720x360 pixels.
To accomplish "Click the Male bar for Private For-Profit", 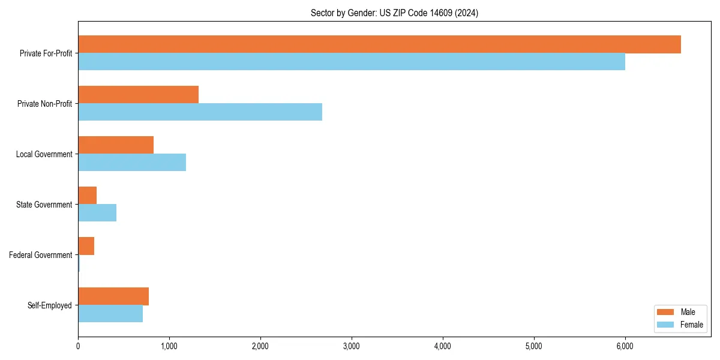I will point(379,44).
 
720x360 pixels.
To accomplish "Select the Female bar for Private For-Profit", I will point(352,62).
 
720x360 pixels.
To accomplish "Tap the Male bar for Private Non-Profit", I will point(138,95).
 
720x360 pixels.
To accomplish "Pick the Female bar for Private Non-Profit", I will point(200,112).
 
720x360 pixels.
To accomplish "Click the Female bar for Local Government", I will point(132,163).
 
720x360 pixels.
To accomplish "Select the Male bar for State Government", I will point(88,196).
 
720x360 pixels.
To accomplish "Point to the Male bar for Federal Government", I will point(86,246).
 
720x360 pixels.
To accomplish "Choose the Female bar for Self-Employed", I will point(110,314).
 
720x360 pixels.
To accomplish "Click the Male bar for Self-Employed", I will point(113,296).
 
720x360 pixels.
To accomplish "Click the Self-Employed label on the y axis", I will point(50,305).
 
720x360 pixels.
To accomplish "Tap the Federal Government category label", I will point(41,255).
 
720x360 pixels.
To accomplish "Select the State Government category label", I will point(44,205).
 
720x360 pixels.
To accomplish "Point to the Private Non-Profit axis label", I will point(44,104).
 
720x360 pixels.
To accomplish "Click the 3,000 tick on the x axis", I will point(352,346).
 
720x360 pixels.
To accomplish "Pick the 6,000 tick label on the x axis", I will point(625,346).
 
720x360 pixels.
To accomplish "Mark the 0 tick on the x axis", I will point(78,346).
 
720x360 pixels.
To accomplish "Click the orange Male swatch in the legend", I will point(667,313).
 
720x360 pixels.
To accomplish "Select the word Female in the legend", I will point(692,325).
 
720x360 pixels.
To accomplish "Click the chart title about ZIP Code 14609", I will point(394,13).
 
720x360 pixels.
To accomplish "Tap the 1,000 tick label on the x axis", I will point(169,346).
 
